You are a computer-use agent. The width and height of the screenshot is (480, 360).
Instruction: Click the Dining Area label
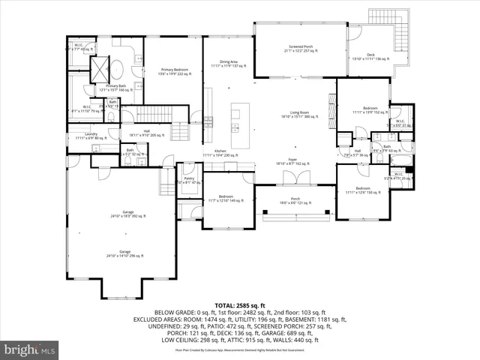(x=229, y=64)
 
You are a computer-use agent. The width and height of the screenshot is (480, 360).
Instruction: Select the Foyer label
(x=292, y=160)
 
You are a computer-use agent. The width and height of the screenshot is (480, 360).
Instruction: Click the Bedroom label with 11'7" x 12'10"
(x=225, y=199)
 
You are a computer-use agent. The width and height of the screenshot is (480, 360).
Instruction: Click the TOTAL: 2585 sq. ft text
(x=240, y=306)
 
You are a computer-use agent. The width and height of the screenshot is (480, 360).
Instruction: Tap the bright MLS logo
(x=30, y=349)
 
